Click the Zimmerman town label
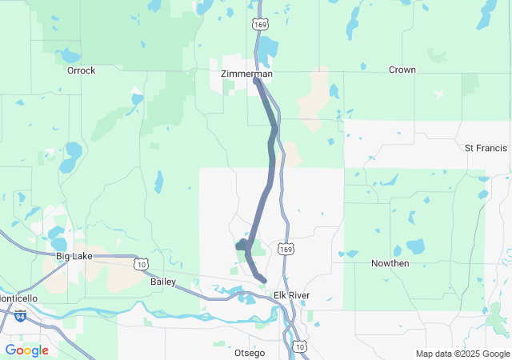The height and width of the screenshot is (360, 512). point(246,74)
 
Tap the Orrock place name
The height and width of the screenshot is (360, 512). point(81,70)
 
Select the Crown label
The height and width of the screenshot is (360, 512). point(402,70)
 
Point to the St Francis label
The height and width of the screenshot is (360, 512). point(486,148)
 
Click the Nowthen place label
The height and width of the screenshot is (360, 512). point(390,263)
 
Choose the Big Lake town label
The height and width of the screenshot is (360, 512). point(74,256)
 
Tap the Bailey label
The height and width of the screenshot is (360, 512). point(162,282)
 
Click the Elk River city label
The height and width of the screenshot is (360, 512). point(291,296)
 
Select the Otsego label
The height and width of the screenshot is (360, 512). point(249,353)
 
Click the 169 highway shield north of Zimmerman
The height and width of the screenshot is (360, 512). point(259,25)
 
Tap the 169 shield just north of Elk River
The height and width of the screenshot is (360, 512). point(286,249)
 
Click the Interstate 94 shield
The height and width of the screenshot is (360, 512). point(18,317)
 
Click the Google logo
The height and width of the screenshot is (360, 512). point(26,350)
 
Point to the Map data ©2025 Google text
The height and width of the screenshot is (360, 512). point(462,354)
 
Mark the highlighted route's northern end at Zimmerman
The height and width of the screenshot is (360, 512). point(255,81)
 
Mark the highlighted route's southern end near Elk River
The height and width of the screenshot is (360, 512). point(262,278)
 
